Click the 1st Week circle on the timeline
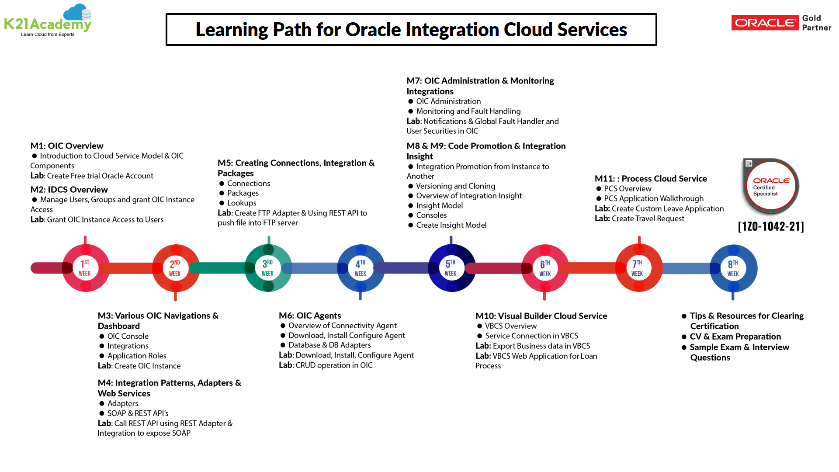pyautogui.click(x=85, y=268)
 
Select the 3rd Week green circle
pyautogui.click(x=268, y=268)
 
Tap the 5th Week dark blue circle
pyautogui.click(x=451, y=268)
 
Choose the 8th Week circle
pyautogui.click(x=733, y=268)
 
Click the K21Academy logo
pyautogui.click(x=48, y=21)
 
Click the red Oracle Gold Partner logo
pyautogui.click(x=765, y=23)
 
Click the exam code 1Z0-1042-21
pyautogui.click(x=771, y=226)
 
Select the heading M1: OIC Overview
pyautogui.click(x=67, y=146)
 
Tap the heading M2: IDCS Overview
pyautogui.click(x=69, y=190)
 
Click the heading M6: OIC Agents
pyautogui.click(x=310, y=316)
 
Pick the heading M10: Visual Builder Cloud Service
pyautogui.click(x=541, y=316)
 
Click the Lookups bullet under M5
pyautogui.click(x=242, y=203)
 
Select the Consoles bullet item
pyautogui.click(x=431, y=215)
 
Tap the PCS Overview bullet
pyautogui.click(x=628, y=189)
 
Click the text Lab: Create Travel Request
pyautogui.click(x=639, y=219)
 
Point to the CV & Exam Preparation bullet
pyautogui.click(x=735, y=337)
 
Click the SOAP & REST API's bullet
pyautogui.click(x=138, y=413)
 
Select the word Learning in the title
pyautogui.click(x=232, y=30)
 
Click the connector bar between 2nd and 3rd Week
pyautogui.click(x=221, y=268)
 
